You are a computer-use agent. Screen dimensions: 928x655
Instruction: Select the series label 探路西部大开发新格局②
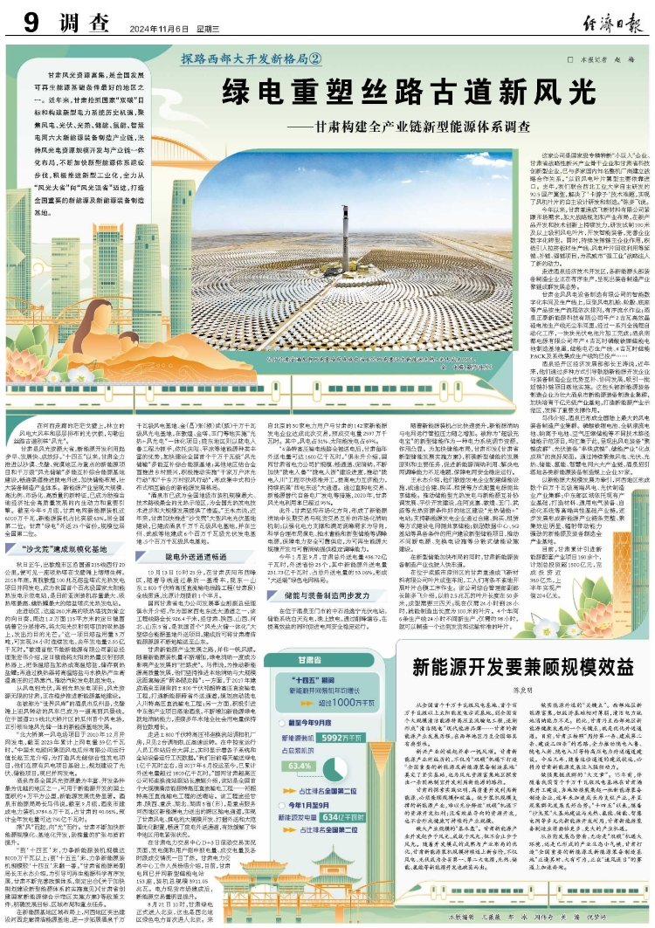tap(252, 60)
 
